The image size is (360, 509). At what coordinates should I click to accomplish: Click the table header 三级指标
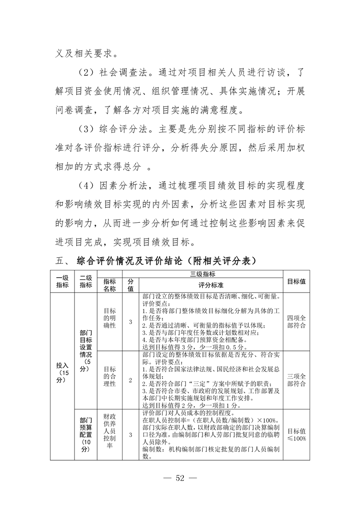[x=202, y=274]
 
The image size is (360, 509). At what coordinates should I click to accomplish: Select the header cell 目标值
[x=296, y=281]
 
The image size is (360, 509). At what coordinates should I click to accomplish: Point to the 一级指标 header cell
[x=62, y=281]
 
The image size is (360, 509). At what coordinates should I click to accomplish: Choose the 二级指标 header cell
[x=86, y=281]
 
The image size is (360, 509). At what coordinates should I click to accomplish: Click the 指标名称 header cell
[x=109, y=285]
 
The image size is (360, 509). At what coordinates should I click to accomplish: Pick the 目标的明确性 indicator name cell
[x=109, y=321]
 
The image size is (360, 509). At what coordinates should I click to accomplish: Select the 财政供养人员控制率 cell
[x=109, y=434]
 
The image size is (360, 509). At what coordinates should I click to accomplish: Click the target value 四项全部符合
[x=296, y=321]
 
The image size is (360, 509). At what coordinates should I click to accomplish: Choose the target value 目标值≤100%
[x=296, y=434]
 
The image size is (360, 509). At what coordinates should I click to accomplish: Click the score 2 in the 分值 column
[x=130, y=380]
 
